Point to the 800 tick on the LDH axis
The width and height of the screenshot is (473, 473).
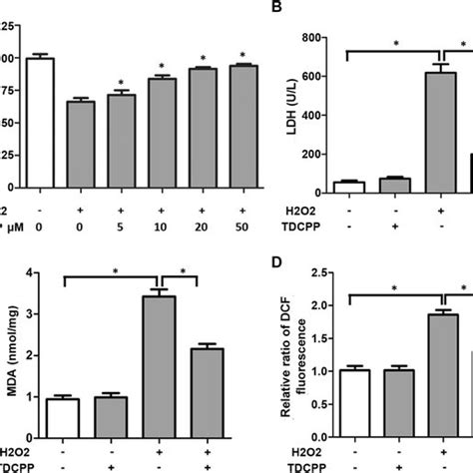pos(319,38)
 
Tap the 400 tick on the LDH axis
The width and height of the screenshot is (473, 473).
pos(319,115)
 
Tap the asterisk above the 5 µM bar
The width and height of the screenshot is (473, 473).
pos(119,84)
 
